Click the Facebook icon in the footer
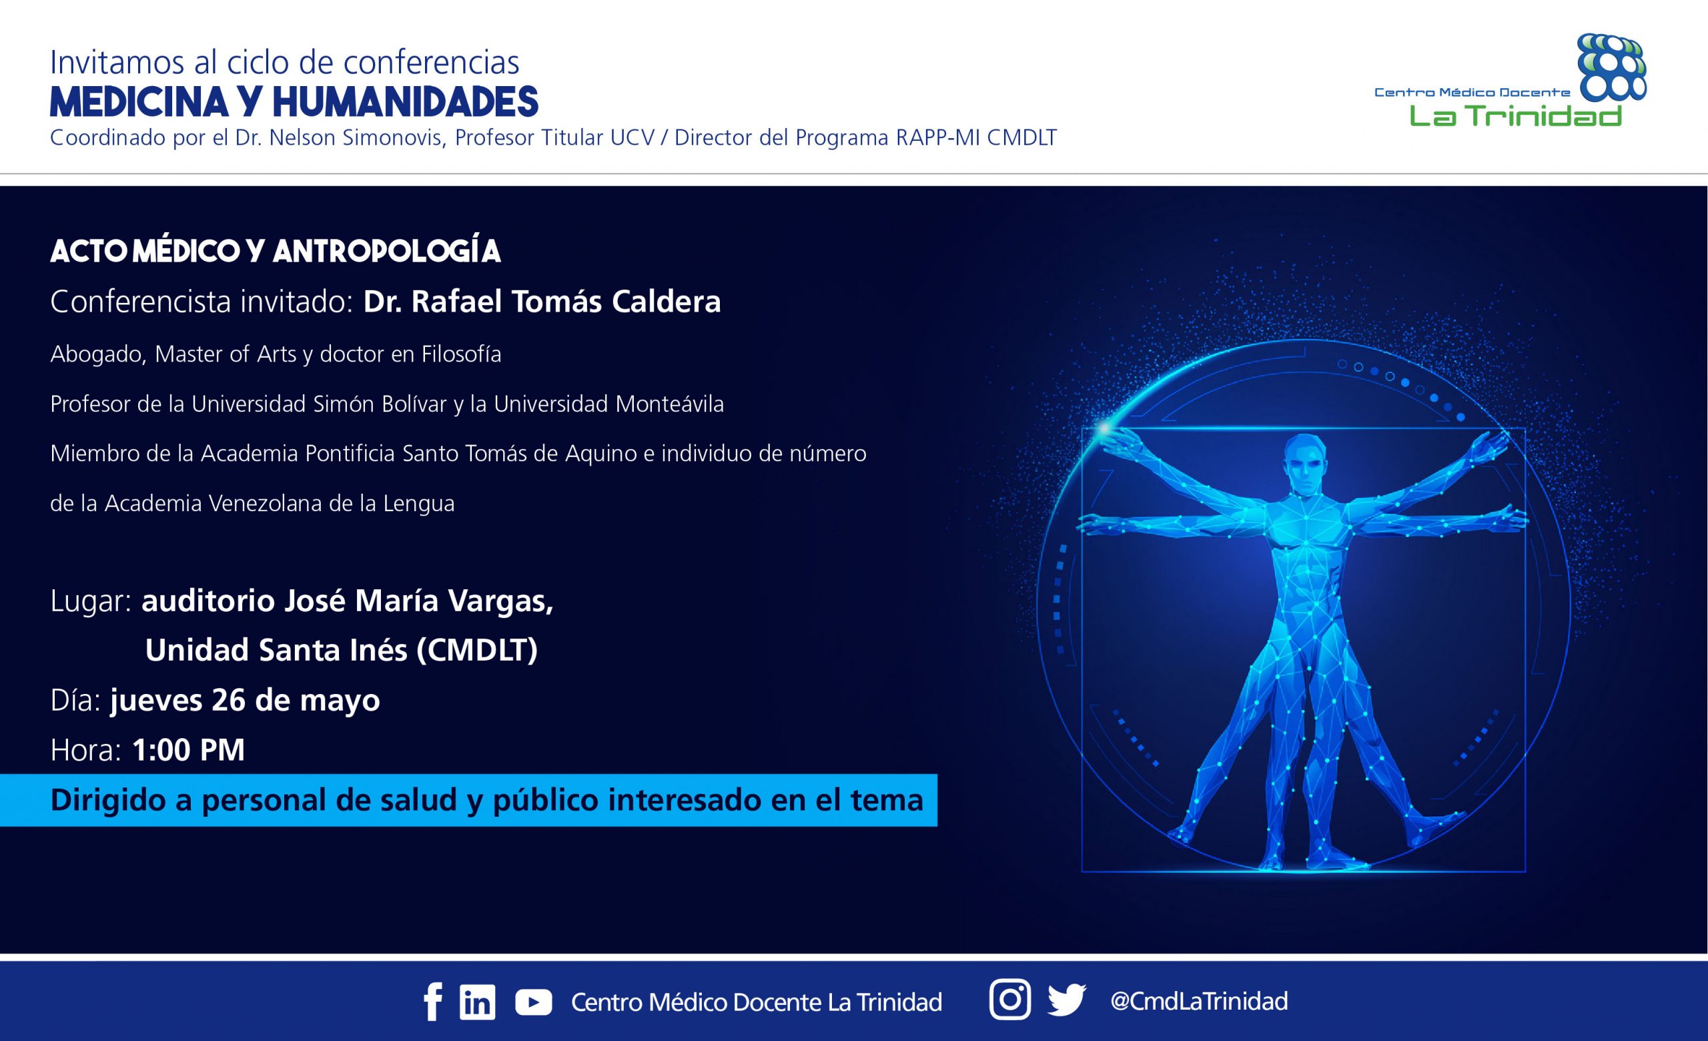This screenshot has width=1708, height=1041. click(x=432, y=1002)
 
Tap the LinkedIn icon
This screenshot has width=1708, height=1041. click(x=477, y=1002)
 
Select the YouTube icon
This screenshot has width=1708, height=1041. click(x=534, y=1002)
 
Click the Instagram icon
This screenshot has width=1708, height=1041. click(x=1010, y=1000)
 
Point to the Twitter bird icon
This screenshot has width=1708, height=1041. click(x=1066, y=1000)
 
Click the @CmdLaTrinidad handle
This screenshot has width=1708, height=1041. click(x=1199, y=1001)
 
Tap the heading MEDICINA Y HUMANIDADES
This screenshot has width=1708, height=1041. click(x=294, y=102)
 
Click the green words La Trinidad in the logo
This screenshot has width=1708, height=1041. click(x=1515, y=114)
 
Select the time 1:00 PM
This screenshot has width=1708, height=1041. click(x=189, y=750)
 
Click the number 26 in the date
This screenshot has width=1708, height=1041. click(x=229, y=700)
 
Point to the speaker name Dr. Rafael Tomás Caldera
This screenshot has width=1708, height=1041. click(x=542, y=302)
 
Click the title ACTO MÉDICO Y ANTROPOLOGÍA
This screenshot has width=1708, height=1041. click(x=275, y=252)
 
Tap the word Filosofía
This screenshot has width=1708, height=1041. click(x=461, y=354)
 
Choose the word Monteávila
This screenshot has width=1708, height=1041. click(x=670, y=404)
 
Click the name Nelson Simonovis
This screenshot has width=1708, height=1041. click(x=356, y=138)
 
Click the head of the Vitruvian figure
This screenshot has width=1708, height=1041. click(x=1305, y=463)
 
